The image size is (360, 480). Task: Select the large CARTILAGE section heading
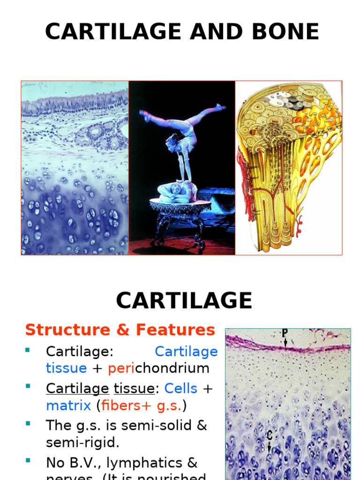[184, 300]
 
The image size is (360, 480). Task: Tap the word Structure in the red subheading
[67, 330]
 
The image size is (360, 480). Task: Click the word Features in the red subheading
[175, 330]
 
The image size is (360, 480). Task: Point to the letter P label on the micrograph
[285, 333]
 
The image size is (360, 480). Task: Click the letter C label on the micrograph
[269, 435]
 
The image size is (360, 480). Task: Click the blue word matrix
[68, 405]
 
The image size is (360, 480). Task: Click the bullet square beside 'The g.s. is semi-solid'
[28, 423]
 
